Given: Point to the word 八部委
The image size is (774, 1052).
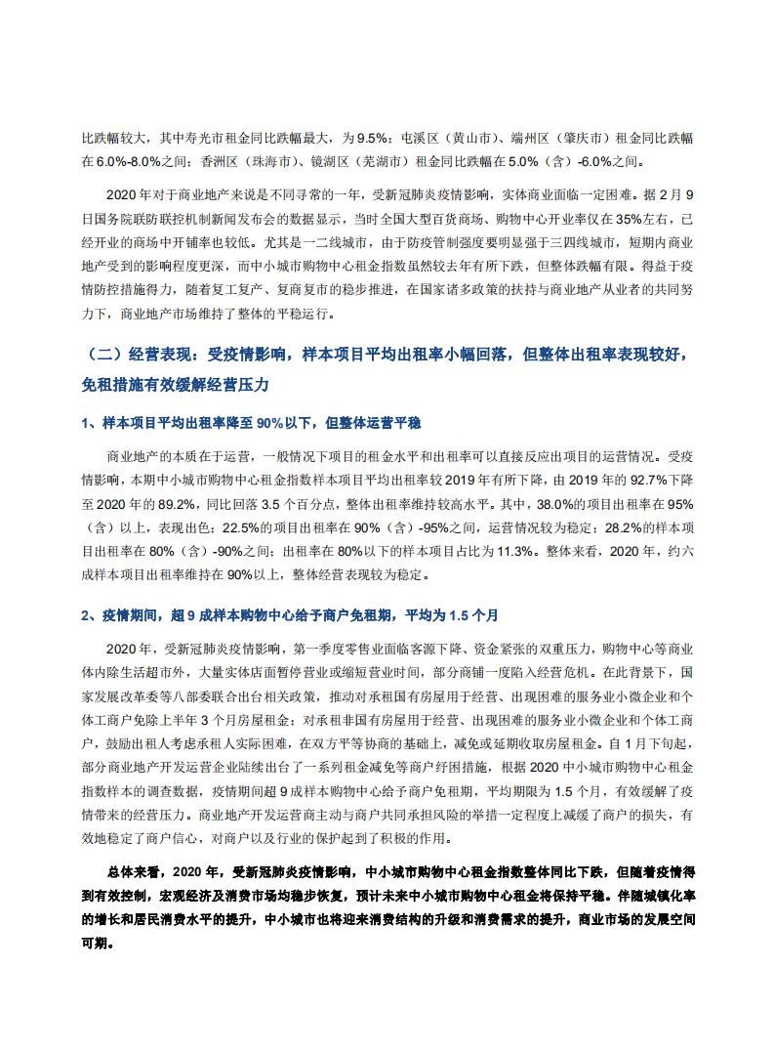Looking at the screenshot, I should point(174,696).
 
